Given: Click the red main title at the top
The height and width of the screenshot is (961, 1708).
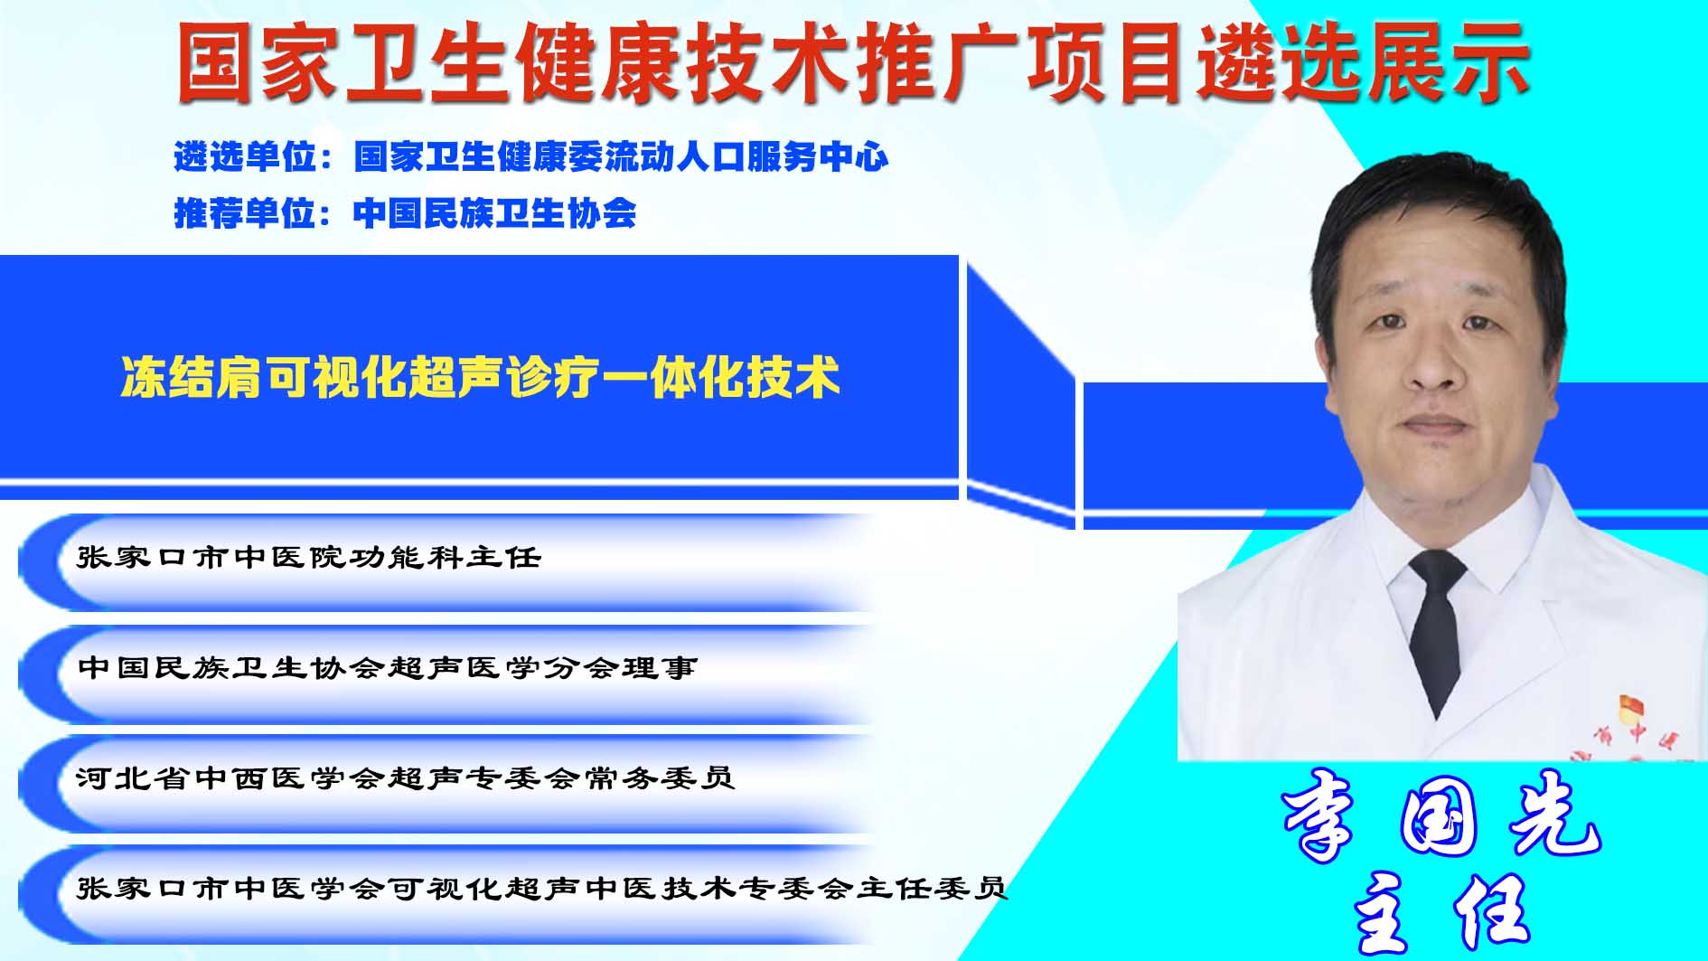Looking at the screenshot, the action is pyautogui.click(x=853, y=61).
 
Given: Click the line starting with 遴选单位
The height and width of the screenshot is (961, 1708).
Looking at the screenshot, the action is pyautogui.click(x=531, y=157).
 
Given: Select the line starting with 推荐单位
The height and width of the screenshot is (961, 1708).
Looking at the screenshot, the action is pyautogui.click(x=405, y=213).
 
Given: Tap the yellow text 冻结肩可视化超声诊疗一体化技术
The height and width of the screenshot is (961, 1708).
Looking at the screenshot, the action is pyautogui.click(x=480, y=377).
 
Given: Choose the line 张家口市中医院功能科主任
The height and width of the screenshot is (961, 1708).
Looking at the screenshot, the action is pyautogui.click(x=309, y=557).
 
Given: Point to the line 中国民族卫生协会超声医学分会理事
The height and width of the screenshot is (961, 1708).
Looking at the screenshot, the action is pyautogui.click(x=388, y=667).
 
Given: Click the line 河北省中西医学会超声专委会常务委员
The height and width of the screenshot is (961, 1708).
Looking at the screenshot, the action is pyautogui.click(x=406, y=777).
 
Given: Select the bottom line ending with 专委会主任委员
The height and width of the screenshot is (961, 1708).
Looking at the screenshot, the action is pyautogui.click(x=542, y=888).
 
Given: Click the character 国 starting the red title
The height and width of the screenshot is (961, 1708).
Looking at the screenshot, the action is pyautogui.click(x=216, y=62).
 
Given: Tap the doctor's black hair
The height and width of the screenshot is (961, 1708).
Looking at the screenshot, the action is pyautogui.click(x=1437, y=217).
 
